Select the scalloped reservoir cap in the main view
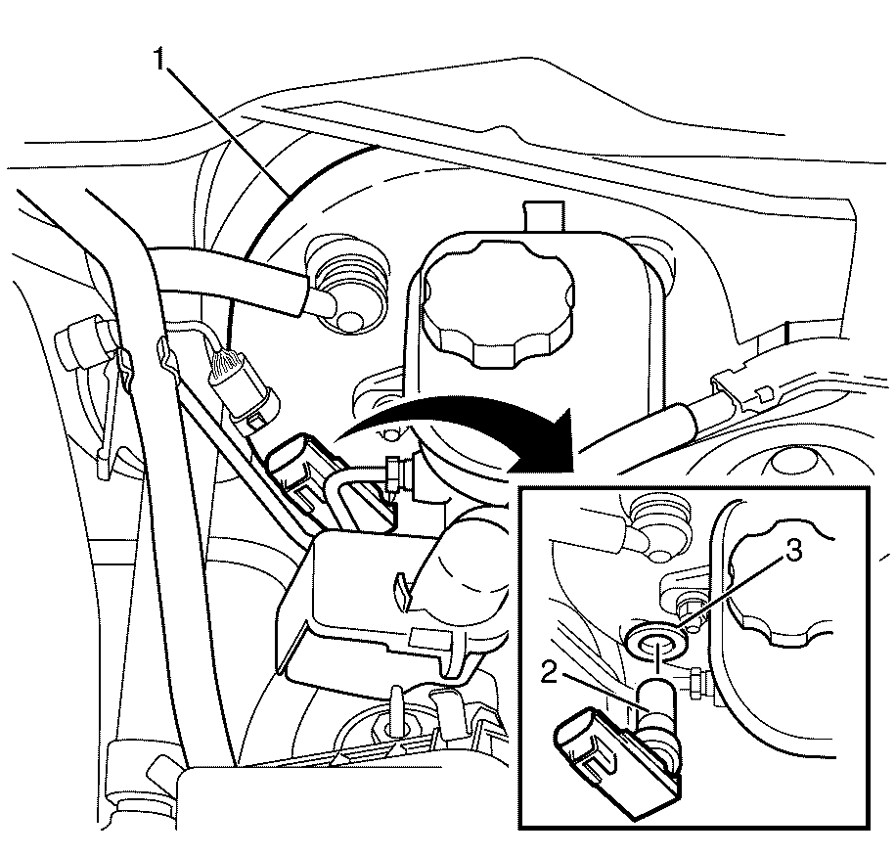[x=498, y=304]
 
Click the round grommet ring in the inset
[x=657, y=640]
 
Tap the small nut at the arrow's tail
[x=393, y=472]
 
